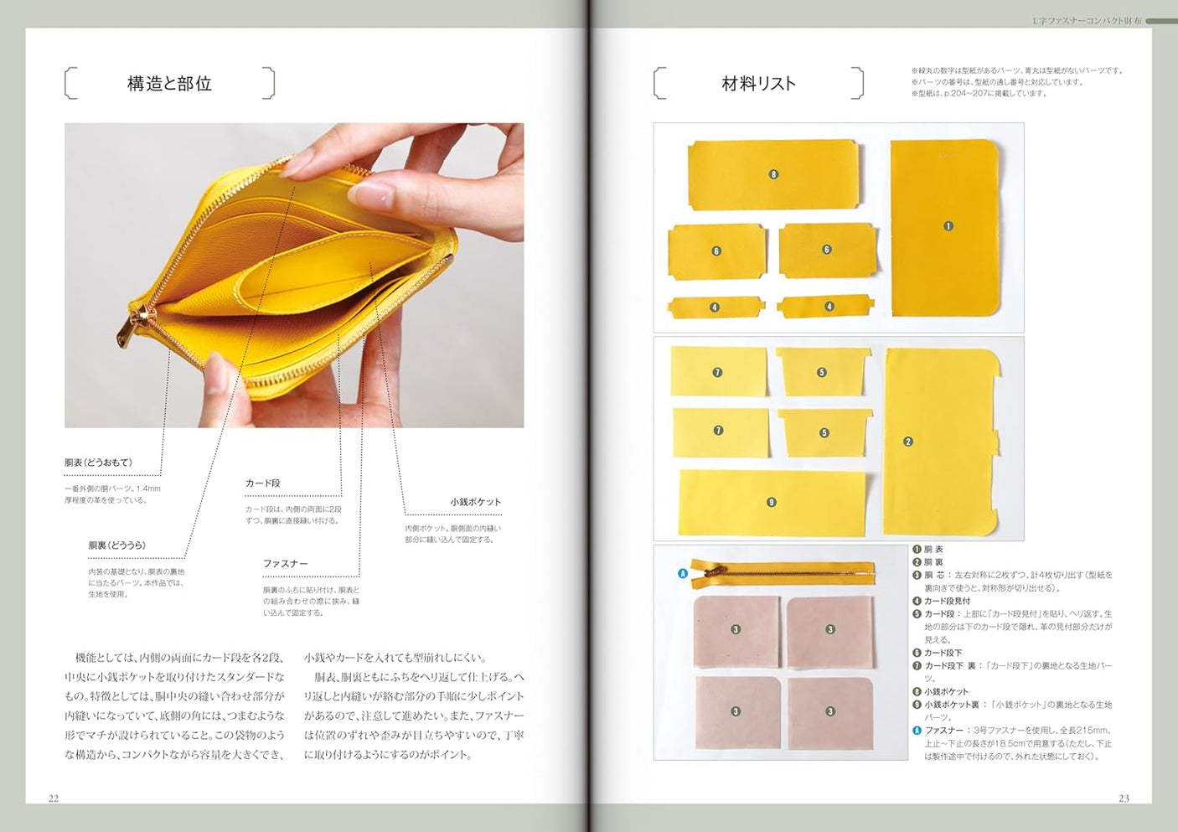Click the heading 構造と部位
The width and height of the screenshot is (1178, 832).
[x=169, y=84]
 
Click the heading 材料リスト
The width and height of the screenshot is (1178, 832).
[x=758, y=84]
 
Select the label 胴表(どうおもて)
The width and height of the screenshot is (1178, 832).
[x=99, y=463]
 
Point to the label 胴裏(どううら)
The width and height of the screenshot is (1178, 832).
[x=117, y=545]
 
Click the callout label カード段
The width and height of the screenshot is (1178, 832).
[x=263, y=483]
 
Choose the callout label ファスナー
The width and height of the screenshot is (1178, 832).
[x=286, y=564]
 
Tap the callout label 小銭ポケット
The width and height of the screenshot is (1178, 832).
[x=475, y=502]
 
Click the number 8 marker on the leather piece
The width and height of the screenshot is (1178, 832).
[x=773, y=174]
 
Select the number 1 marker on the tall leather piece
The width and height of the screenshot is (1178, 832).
[x=948, y=226]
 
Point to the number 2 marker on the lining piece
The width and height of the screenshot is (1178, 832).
[x=908, y=442]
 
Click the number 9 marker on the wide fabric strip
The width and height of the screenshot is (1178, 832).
[x=772, y=503]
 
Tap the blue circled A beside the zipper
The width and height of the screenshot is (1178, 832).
[x=683, y=574]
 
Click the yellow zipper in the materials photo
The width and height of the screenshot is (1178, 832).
[x=783, y=572]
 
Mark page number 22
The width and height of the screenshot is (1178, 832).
[x=54, y=798]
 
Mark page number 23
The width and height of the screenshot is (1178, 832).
[x=1124, y=798]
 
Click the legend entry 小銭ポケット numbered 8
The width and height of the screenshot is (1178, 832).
[x=945, y=691]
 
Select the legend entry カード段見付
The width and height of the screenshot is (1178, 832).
[x=947, y=601]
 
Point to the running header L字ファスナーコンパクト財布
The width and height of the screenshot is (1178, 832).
[x=1087, y=21]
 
